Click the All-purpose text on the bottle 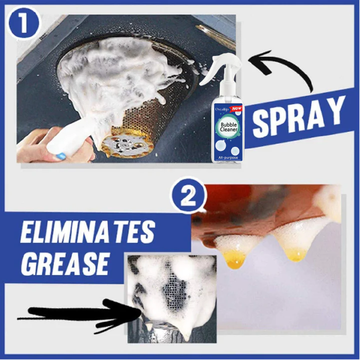point(227,158)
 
